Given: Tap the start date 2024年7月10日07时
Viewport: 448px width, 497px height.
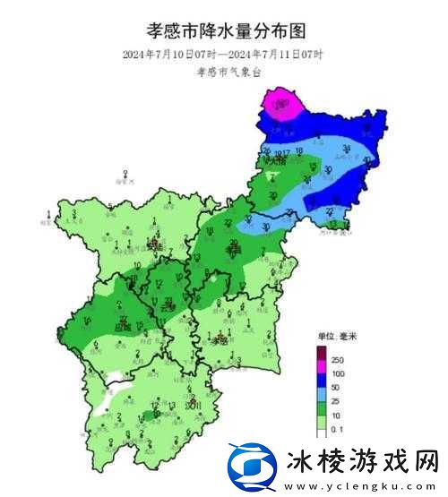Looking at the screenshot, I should pos(174,55).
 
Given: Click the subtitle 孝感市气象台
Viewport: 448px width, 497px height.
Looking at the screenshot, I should pos(225,74).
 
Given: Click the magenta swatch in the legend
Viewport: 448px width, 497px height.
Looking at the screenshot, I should pos(321,365).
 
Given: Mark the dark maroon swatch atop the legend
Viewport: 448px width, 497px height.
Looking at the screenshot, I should pos(321,353).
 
